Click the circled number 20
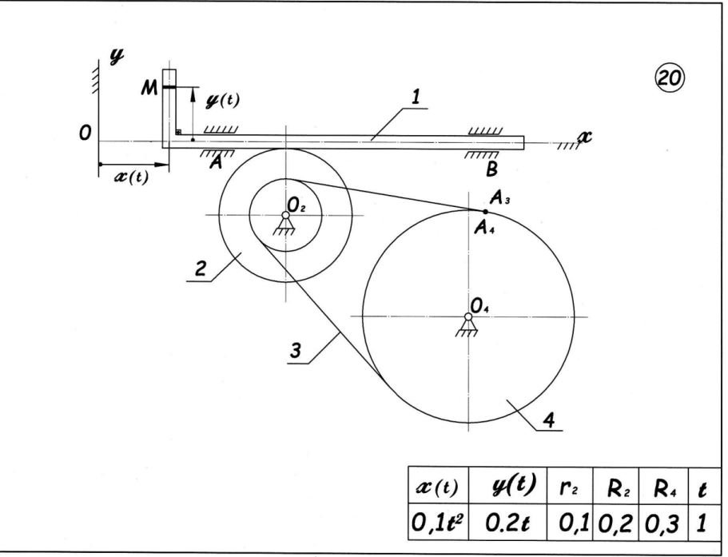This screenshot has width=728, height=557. pyautogui.click(x=670, y=78)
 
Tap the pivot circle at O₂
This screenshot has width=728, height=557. pyautogui.click(x=285, y=215)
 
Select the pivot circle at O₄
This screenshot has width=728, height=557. pyautogui.click(x=468, y=316)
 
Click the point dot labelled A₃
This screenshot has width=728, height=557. pyautogui.click(x=486, y=212)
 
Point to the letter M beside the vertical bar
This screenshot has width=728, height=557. pyautogui.click(x=149, y=87)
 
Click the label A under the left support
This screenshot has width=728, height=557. pyautogui.click(x=214, y=162)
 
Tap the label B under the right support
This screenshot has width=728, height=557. pyautogui.click(x=491, y=169)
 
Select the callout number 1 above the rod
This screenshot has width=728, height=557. pyautogui.click(x=416, y=97)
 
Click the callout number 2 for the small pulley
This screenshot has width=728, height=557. pyautogui.click(x=200, y=269)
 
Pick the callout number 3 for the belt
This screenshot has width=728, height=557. pyautogui.click(x=296, y=351)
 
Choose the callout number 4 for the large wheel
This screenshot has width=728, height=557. pyautogui.click(x=549, y=420)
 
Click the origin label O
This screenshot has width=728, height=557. pyautogui.click(x=85, y=133)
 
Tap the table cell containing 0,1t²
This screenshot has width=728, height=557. pyautogui.click(x=438, y=522)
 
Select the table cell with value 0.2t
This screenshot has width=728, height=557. pyautogui.click(x=507, y=522)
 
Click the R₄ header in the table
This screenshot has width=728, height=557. pyautogui.click(x=663, y=487)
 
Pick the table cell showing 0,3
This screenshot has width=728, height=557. pyautogui.click(x=663, y=522)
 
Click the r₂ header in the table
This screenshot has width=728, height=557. pyautogui.click(x=569, y=487)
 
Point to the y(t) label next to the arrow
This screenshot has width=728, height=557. pyautogui.click(x=222, y=101)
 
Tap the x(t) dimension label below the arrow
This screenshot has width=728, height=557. pyautogui.click(x=132, y=177)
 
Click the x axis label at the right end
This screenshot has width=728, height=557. pyautogui.click(x=585, y=137)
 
